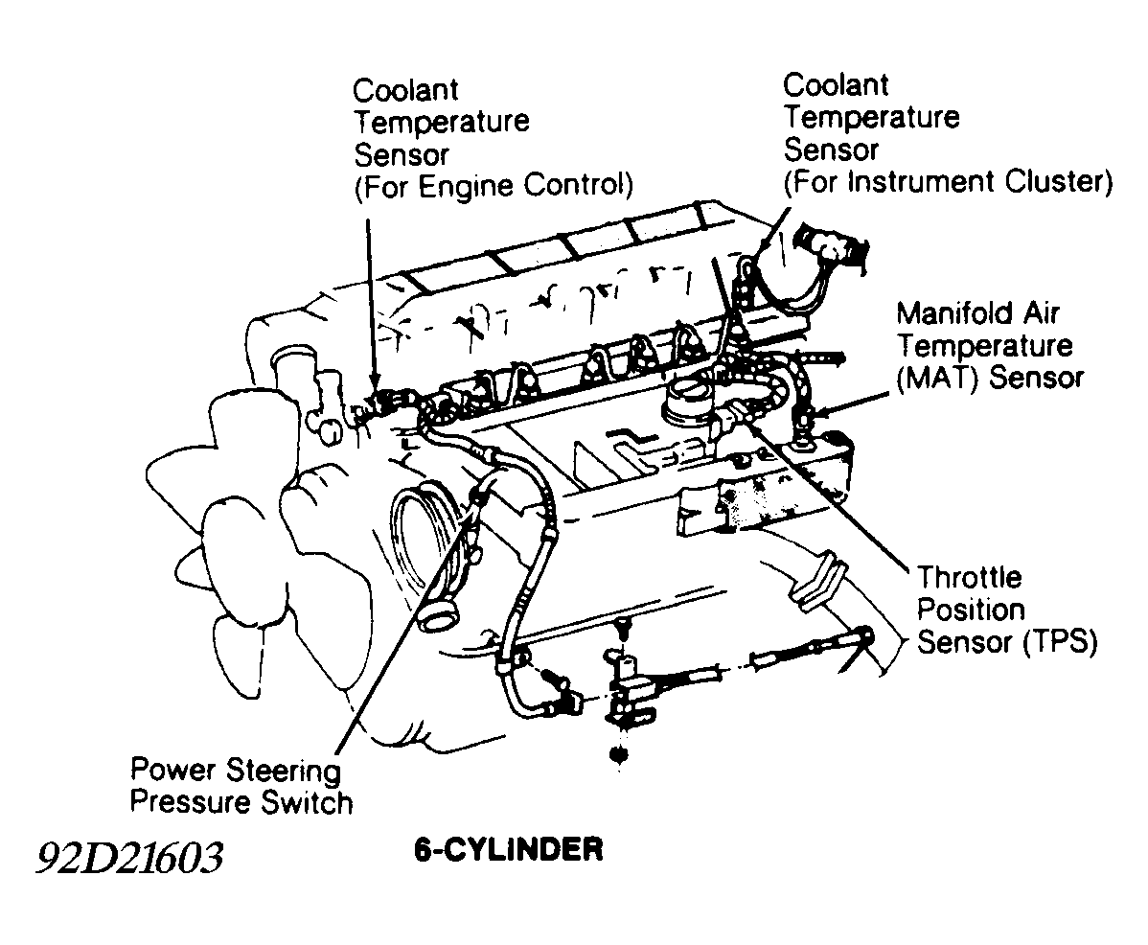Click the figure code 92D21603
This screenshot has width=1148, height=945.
pyautogui.click(x=129, y=858)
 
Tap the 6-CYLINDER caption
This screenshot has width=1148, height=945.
pyautogui.click(x=509, y=849)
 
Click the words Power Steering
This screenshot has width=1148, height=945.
pyautogui.click(x=236, y=770)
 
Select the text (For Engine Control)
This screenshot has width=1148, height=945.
pyautogui.click(x=494, y=184)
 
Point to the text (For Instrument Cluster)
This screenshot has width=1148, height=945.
pyautogui.click(x=948, y=181)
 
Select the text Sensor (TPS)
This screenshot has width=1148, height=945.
pyautogui.click(x=1006, y=641)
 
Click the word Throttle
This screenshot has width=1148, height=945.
pyautogui.click(x=970, y=578)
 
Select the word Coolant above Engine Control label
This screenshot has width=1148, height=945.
pyautogui.click(x=406, y=91)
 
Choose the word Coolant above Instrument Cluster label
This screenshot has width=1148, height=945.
pyautogui.click(x=836, y=85)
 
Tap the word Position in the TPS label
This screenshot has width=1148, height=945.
pyautogui.click(x=971, y=610)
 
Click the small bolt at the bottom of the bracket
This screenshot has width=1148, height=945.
pyautogui.click(x=619, y=754)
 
